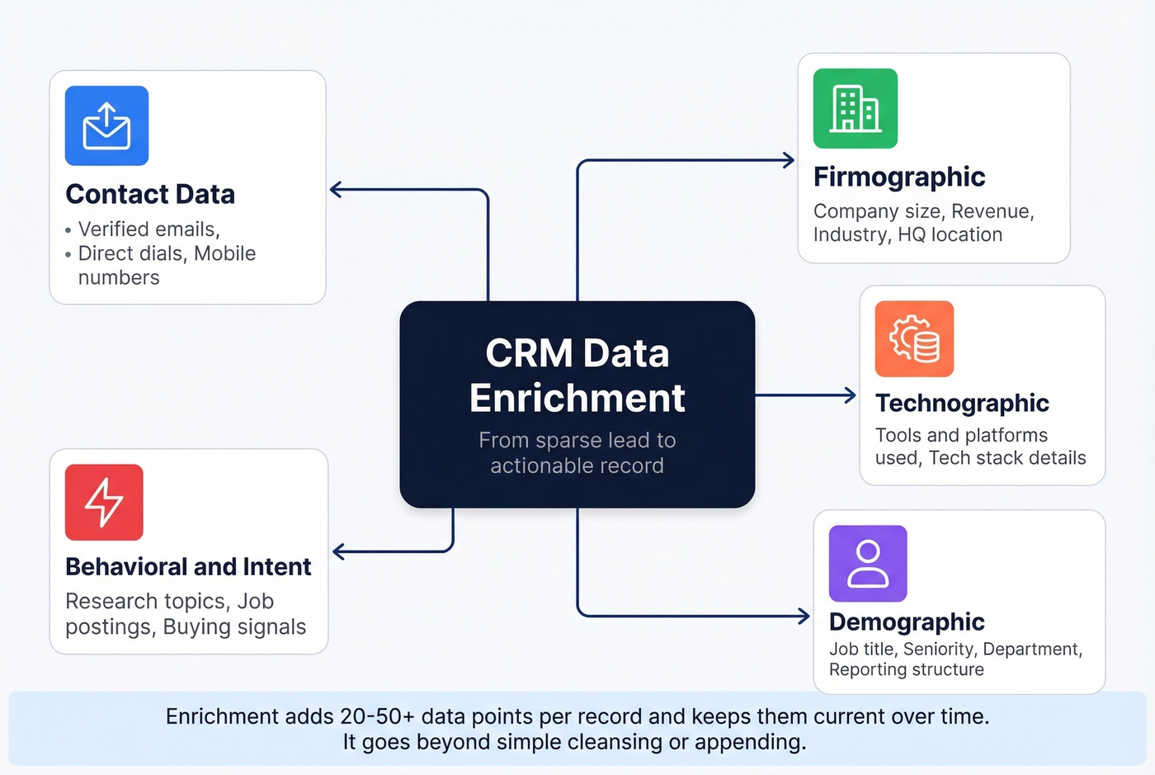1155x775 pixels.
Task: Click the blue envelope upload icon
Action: coord(106,125)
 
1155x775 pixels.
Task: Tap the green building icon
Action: coord(855,108)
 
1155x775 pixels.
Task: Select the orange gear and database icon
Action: coord(914,338)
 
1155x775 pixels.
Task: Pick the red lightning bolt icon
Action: coord(104,502)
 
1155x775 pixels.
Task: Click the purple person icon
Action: coord(868,564)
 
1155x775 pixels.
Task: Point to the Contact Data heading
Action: coord(150,194)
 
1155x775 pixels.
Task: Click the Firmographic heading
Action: coord(898,177)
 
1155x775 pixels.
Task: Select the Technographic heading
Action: coord(962,403)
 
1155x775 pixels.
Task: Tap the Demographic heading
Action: coord(906,621)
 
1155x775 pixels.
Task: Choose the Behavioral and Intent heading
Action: coord(188,567)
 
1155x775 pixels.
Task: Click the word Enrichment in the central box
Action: coord(577,398)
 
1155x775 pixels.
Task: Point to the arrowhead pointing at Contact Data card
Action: coord(336,190)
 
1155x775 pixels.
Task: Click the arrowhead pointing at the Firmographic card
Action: coord(789,160)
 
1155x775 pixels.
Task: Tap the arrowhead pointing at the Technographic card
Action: coord(851,395)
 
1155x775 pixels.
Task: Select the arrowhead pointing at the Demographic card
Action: coord(804,616)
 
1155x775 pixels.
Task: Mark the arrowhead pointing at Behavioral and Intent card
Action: coord(338,551)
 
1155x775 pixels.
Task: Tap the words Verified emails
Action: coord(148,229)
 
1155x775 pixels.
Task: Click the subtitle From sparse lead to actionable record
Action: coord(577,453)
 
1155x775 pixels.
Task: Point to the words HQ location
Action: coord(950,235)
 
